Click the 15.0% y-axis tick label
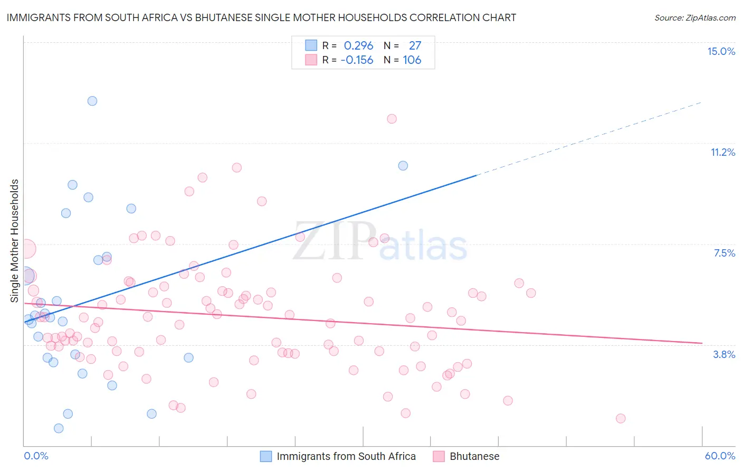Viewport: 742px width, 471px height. [721, 51]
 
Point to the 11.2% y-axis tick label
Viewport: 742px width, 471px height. [722, 152]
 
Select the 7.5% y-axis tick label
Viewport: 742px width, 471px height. [724, 253]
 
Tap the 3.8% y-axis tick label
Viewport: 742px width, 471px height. [724, 354]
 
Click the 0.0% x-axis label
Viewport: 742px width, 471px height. [36, 456]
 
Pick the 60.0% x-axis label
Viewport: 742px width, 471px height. [720, 456]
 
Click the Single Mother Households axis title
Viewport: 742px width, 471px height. [15, 241]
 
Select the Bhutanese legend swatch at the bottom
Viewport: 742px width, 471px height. [439, 457]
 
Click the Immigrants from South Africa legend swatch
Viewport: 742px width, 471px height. [266, 457]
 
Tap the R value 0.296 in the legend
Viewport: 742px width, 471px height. [358, 46]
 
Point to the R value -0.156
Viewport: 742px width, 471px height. [357, 60]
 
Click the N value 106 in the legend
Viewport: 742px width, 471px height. [412, 60]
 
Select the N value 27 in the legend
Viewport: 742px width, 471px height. [415, 46]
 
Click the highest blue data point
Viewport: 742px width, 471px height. [92, 101]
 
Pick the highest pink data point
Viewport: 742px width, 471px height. [392, 119]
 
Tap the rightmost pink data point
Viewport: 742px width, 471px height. [621, 418]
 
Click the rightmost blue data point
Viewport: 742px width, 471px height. [403, 166]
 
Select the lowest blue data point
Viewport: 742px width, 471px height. [59, 428]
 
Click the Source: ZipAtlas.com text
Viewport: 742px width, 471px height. [695, 18]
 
